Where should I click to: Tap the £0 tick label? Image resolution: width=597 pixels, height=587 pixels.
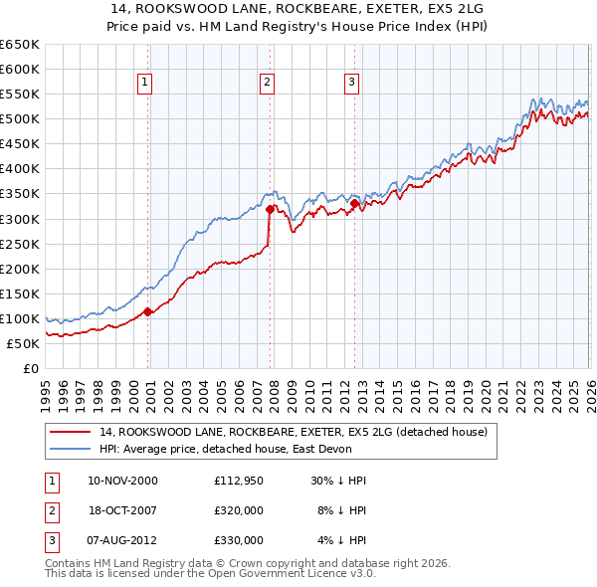pos(30,368)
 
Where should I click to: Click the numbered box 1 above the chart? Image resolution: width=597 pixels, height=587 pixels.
pos(145,83)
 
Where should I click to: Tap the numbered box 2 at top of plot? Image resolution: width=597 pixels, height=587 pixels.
pos(268,83)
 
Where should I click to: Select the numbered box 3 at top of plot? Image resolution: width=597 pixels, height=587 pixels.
pos(352,83)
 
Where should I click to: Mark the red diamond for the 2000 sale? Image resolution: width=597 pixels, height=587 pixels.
pos(148,311)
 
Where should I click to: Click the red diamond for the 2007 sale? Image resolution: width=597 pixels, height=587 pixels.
pos(270,209)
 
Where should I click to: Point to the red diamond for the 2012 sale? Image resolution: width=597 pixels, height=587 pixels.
pos(354,204)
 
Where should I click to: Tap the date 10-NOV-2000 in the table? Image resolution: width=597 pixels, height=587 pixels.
pos(122,481)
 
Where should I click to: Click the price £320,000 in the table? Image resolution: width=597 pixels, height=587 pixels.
pos(239,510)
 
